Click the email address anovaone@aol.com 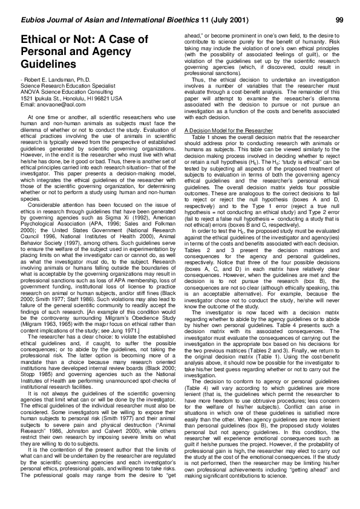click(56, 104)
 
